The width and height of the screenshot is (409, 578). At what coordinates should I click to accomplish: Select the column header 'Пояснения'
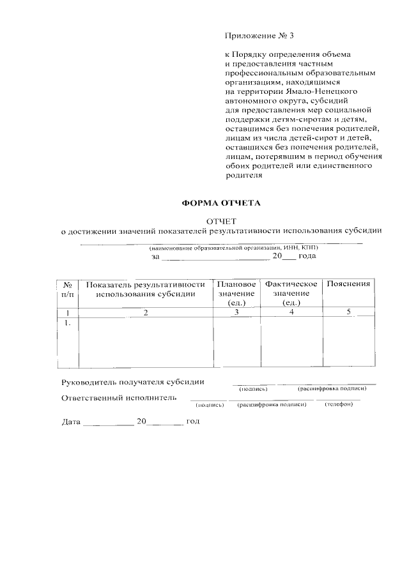coord(348,284)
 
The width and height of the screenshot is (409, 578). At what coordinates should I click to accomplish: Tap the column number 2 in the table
coord(146,312)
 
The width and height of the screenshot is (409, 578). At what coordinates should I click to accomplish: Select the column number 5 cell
coord(348,312)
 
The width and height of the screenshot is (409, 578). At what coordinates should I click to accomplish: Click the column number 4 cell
coord(291,312)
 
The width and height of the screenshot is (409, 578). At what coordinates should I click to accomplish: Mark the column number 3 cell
coord(236,312)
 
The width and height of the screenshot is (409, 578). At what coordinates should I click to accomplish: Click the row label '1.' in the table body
coord(67,323)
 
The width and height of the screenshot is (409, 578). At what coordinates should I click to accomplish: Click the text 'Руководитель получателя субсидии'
coord(133,382)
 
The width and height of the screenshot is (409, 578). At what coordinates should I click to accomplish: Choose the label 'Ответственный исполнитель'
coord(118,398)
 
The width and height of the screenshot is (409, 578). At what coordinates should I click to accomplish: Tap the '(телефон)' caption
coord(338,404)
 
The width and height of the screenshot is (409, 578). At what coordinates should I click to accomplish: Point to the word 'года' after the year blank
coord(307,256)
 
